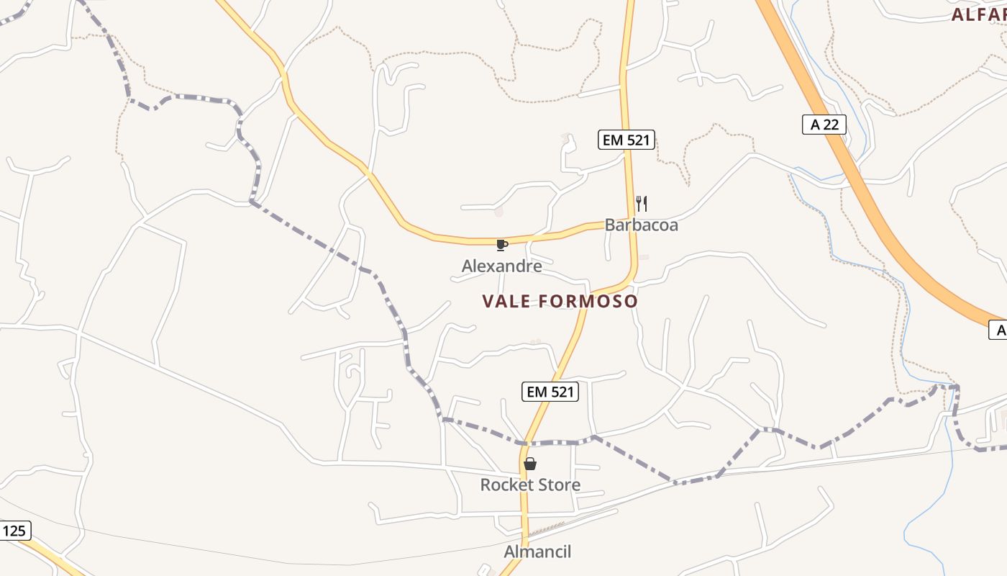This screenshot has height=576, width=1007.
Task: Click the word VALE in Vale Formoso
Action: pyautogui.click(x=506, y=301)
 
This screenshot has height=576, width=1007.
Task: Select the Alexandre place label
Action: pyautogui.click(x=501, y=266)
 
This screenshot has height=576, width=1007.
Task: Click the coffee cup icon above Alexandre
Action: pyautogui.click(x=501, y=246)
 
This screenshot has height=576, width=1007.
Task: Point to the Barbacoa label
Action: pyautogui.click(x=641, y=225)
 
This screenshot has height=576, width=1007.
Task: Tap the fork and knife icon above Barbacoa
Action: pyautogui.click(x=642, y=204)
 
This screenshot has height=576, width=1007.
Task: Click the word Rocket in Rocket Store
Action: pyautogui.click(x=503, y=485)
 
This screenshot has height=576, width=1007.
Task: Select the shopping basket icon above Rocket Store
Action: pyautogui.click(x=530, y=464)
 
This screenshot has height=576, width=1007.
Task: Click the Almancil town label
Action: pyautogui.click(x=537, y=552)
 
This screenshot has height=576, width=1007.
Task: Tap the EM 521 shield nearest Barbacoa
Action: pyautogui.click(x=626, y=140)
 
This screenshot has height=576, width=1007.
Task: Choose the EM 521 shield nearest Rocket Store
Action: pyautogui.click(x=550, y=392)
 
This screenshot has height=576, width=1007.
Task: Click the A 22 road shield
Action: pyautogui.click(x=824, y=125)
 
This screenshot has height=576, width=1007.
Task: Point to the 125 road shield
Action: pyautogui.click(x=14, y=531)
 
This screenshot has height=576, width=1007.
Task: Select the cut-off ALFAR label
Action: pyautogui.click(x=979, y=14)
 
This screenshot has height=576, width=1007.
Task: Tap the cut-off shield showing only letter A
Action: pyautogui.click(x=999, y=330)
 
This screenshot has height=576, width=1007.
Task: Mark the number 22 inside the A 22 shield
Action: pyautogui.click(x=831, y=125)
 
